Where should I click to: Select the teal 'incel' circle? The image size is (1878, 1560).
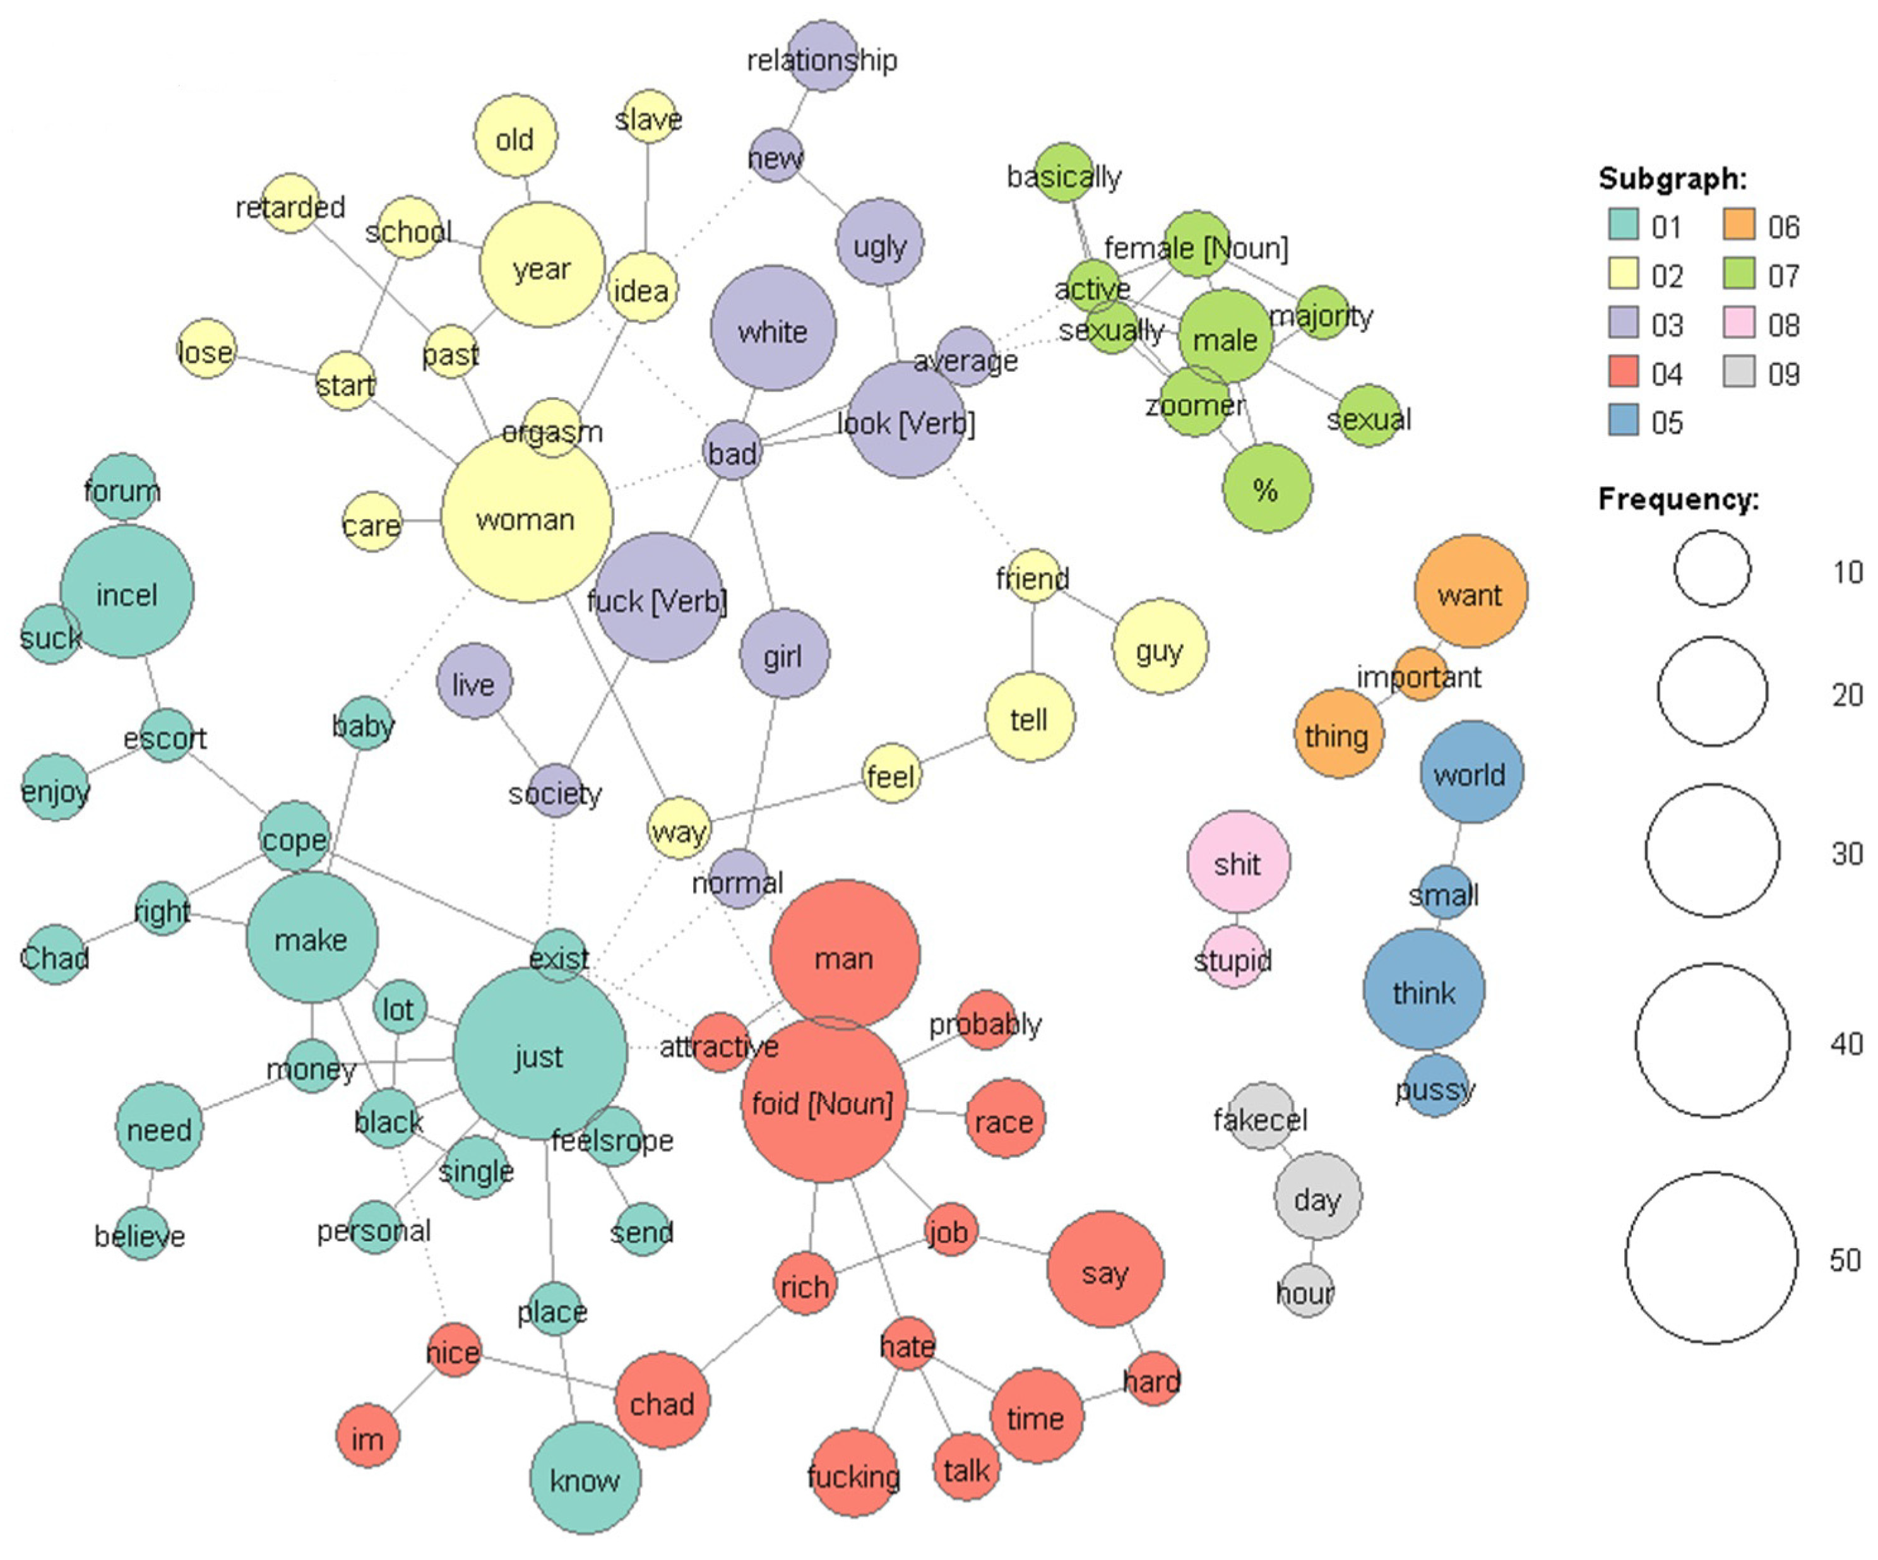(127, 592)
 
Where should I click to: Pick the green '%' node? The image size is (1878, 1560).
(1266, 489)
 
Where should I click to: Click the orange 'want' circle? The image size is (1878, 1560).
(1470, 592)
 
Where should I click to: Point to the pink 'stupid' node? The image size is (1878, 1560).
(1234, 958)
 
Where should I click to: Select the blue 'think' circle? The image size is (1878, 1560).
(1423, 990)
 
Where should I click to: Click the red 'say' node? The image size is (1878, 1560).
(1105, 1270)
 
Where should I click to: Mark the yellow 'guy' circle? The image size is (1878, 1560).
(1160, 646)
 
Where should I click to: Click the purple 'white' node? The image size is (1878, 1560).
(773, 329)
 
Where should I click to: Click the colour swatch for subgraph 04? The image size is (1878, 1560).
(1623, 372)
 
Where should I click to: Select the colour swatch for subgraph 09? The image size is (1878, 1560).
(1738, 372)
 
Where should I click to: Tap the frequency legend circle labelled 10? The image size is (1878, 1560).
(1712, 569)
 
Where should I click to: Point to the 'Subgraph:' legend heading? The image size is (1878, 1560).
(1672, 179)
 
